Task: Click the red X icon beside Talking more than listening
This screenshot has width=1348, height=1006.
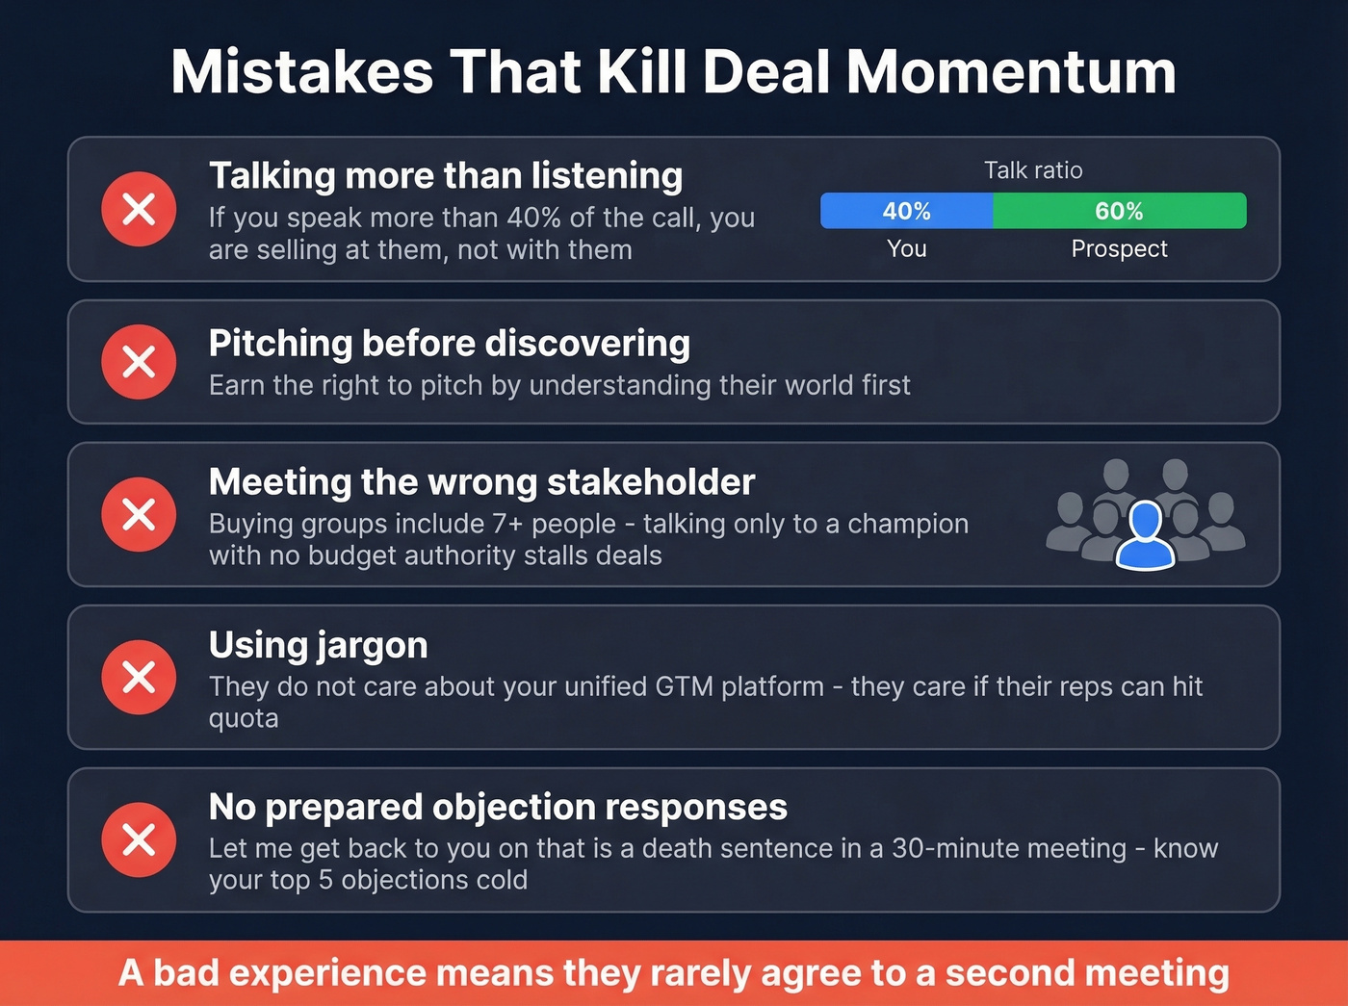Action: (140, 209)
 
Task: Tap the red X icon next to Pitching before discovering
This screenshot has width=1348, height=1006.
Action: (140, 362)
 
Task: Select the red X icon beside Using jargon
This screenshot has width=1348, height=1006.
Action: (140, 677)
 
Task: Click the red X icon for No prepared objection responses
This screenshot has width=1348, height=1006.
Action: (140, 839)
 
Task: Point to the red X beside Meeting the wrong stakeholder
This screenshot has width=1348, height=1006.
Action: (140, 514)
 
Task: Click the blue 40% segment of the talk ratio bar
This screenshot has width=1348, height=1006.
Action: (906, 211)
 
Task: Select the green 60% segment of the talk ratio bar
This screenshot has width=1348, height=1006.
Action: (1119, 211)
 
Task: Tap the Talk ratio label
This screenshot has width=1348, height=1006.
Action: (1033, 170)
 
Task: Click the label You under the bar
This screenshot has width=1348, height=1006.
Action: (906, 248)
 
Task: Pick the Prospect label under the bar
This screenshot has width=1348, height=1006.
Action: (1119, 248)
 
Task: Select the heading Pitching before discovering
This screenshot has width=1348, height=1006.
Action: (450, 344)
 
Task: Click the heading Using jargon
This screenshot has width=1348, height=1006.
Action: (319, 645)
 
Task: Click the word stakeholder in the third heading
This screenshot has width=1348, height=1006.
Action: (651, 482)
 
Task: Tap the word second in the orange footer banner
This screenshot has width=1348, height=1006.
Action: (1000, 973)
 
